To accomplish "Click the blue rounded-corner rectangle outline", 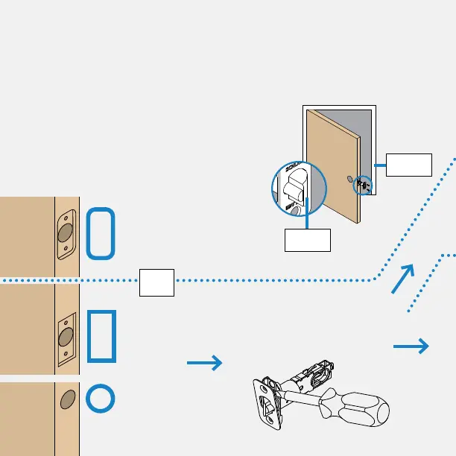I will click(x=101, y=234).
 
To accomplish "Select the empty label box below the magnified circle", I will click(x=308, y=240).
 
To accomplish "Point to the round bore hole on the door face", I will click(x=349, y=179).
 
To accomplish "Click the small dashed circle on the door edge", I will click(x=364, y=185).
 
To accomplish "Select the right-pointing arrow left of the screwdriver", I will click(x=204, y=363).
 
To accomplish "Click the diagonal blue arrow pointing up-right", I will click(x=402, y=279).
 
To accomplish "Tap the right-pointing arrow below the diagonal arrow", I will click(x=411, y=346).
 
